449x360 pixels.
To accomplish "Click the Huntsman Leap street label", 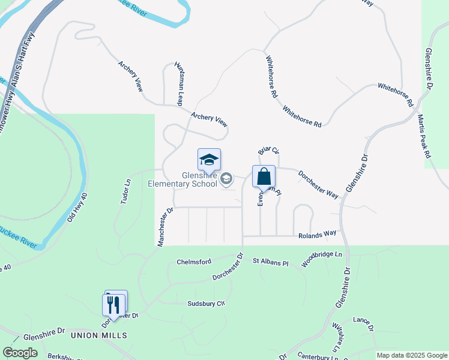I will (x=178, y=83).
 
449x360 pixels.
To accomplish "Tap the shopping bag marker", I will (x=264, y=177).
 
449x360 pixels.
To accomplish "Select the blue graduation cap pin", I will (x=209, y=160).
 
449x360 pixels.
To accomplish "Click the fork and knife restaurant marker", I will (x=113, y=304).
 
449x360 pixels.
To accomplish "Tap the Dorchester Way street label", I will (x=318, y=183).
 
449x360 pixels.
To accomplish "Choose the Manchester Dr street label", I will (x=165, y=227).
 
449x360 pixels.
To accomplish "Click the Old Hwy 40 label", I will (x=77, y=208).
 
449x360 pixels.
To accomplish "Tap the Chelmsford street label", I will (x=194, y=262).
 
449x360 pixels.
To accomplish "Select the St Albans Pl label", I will (x=270, y=262).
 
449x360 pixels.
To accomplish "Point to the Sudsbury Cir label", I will (x=205, y=304).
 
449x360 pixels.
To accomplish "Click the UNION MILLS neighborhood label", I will (x=100, y=335).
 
